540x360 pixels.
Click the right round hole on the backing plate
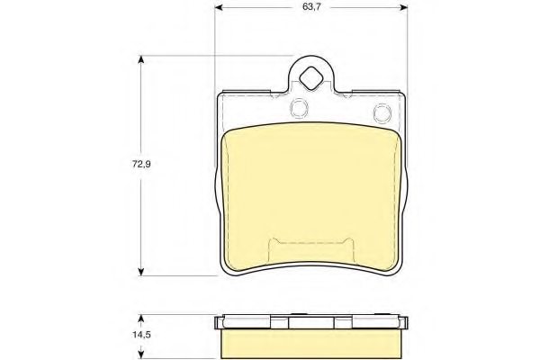(x=381, y=112)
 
